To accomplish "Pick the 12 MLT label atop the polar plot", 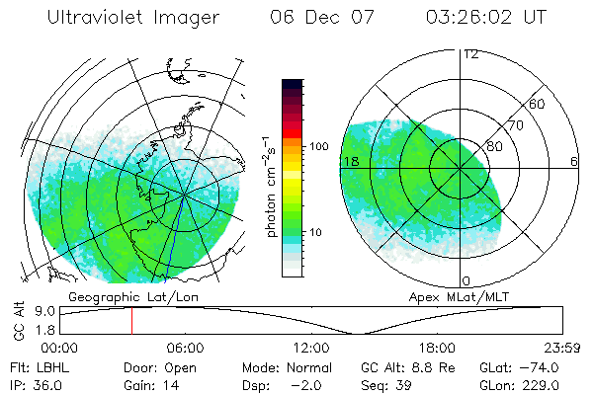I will coord(471,53).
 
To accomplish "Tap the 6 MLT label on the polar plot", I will coord(574,161).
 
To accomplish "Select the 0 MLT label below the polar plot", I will coord(466,280).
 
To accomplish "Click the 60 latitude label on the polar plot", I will coord(537,104).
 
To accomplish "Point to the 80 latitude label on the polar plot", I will coord(494,146).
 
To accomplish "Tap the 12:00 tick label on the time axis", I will coord(311,348).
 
